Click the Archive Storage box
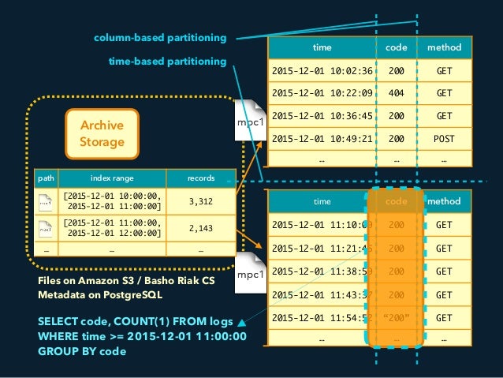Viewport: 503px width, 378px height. (x=97, y=133)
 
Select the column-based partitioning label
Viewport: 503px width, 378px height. (x=160, y=37)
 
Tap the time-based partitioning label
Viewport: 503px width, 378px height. (x=169, y=61)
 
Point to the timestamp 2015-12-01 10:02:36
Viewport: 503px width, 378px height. (x=322, y=70)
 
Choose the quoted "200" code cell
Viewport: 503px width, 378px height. (x=397, y=318)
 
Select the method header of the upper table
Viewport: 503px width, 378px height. (x=444, y=47)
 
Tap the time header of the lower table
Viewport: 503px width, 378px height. (x=322, y=202)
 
